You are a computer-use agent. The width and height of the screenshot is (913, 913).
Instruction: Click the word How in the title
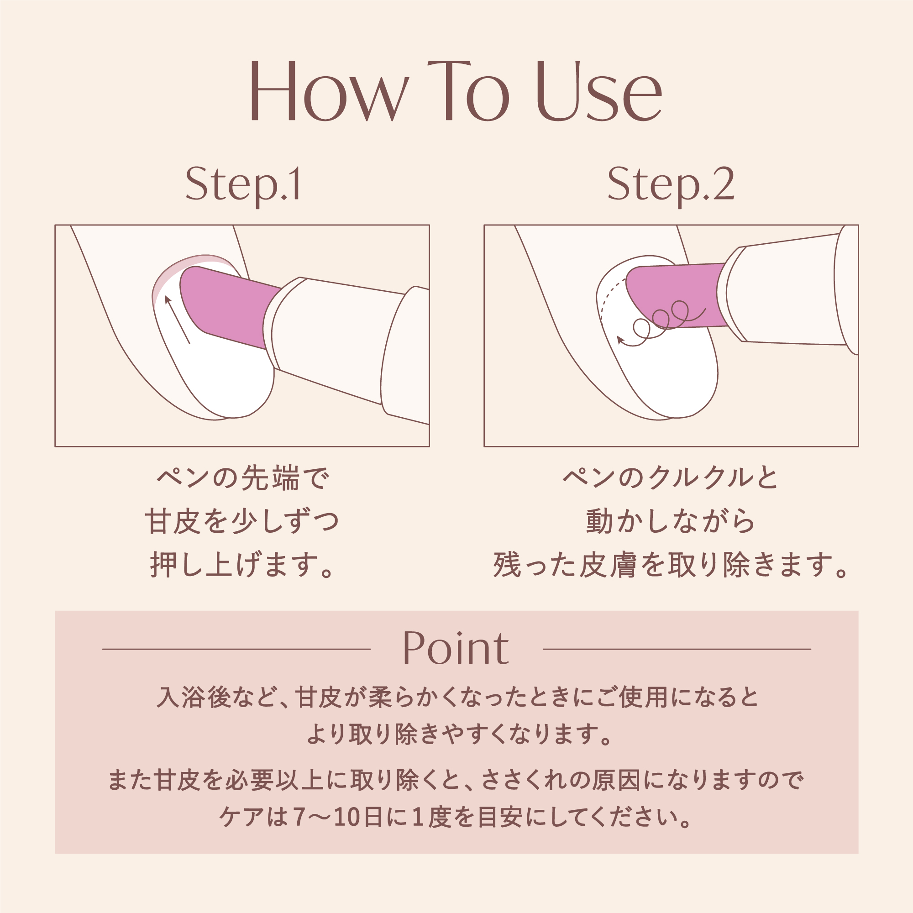coord(330,91)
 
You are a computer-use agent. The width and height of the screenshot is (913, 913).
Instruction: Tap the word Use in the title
coord(599,91)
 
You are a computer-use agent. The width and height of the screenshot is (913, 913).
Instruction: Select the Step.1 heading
coord(243,185)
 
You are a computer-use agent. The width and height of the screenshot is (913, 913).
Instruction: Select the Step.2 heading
coord(671,185)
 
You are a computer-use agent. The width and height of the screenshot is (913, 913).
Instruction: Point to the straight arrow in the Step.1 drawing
coord(177,320)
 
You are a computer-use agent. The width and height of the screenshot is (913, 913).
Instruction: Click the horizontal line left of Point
coord(236,649)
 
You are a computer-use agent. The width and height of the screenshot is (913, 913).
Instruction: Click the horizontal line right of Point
coord(677,649)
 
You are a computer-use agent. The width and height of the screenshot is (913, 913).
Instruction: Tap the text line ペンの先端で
coord(242,478)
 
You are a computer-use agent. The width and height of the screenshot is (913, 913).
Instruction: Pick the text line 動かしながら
coord(671,521)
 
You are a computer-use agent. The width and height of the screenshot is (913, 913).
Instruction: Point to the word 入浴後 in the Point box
coord(194,697)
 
